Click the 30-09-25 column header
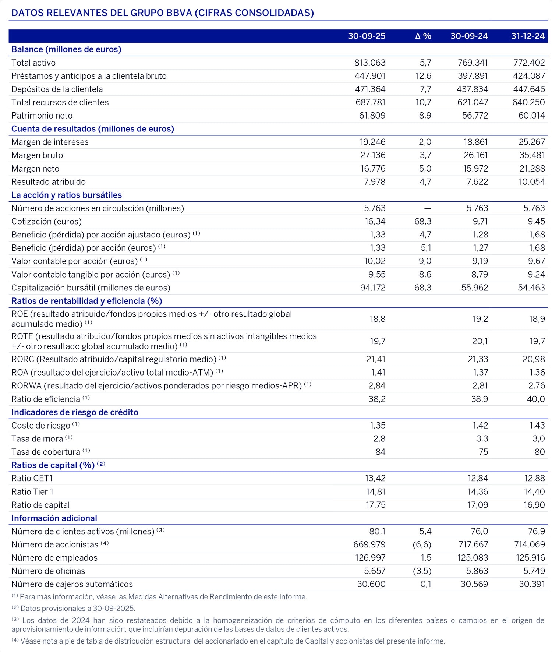coord(367,36)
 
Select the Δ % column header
coord(423,36)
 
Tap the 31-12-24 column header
coord(528,36)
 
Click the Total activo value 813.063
coord(370,63)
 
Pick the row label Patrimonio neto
coord(42,116)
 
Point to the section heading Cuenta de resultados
coord(92,129)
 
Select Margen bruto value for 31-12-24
coord(532,155)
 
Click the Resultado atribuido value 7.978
coord(375,182)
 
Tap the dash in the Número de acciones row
coord(427,208)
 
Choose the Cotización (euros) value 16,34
coord(375,222)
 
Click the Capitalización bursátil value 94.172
coord(373,288)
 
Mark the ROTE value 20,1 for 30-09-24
coord(480,341)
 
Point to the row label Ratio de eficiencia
coord(46,399)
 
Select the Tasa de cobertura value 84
coord(381,452)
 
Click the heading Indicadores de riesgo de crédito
coord(75,412)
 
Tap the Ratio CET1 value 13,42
coord(375,479)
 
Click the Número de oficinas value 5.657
coord(375,571)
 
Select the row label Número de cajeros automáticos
coord(72,584)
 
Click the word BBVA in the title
coord(179,13)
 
